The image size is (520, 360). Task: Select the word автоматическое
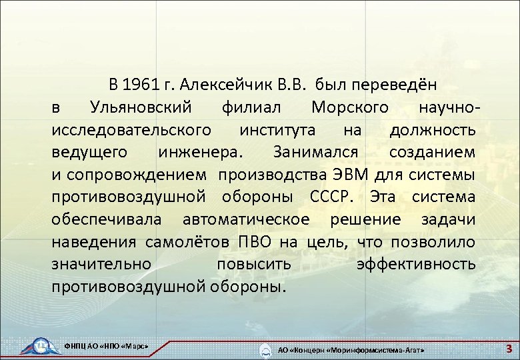pyautogui.click(x=247, y=220)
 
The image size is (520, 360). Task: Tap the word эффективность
pyautogui.click(x=416, y=265)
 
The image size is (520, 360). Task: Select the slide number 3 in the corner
pyautogui.click(x=509, y=348)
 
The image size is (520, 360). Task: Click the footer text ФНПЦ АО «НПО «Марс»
pyautogui.click(x=105, y=347)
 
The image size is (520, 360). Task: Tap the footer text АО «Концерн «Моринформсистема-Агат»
pyautogui.click(x=351, y=350)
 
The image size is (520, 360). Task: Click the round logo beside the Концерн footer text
pyautogui.click(x=266, y=350)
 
